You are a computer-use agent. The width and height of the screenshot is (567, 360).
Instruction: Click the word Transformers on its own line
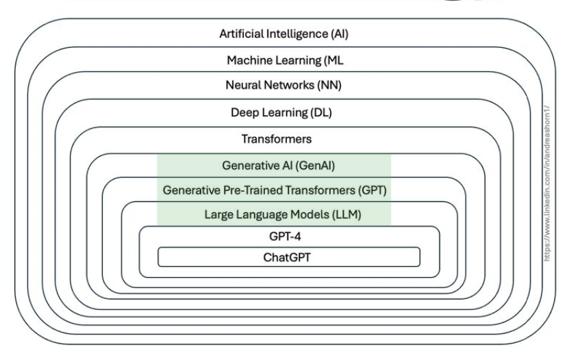276,139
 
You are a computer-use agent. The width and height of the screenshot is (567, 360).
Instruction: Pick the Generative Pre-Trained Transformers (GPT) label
275,190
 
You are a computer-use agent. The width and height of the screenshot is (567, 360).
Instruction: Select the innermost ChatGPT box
288,257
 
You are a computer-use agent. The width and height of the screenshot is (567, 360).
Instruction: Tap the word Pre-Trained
243,190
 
